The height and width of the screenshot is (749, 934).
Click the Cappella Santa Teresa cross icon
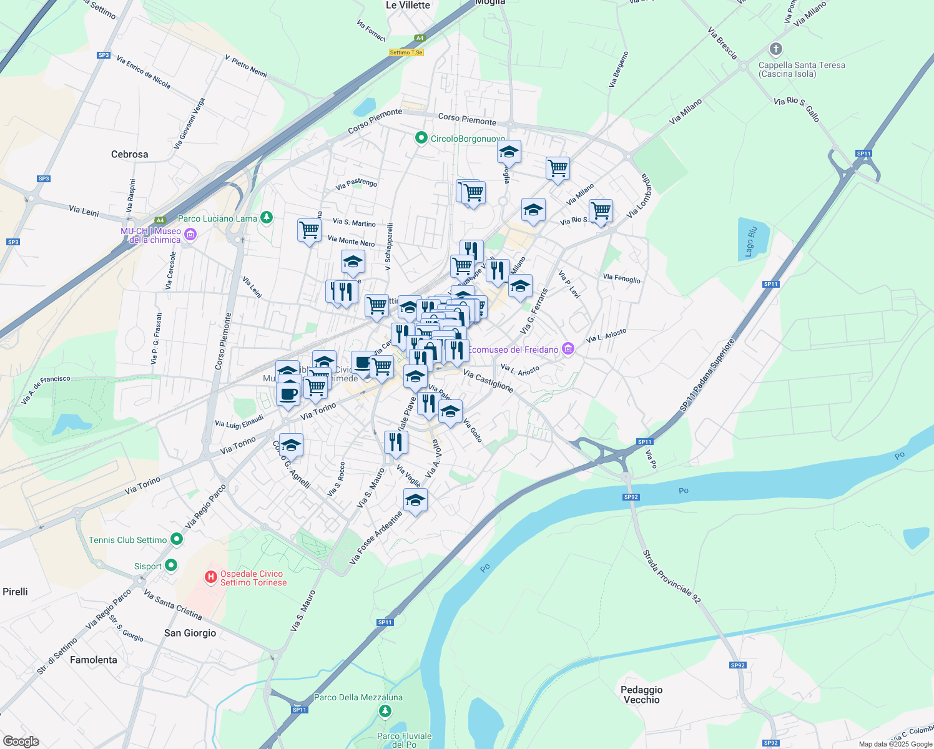click(x=776, y=49)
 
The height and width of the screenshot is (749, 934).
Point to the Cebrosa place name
click(x=130, y=154)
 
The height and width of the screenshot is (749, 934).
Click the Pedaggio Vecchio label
click(x=641, y=695)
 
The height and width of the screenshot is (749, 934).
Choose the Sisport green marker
click(x=170, y=565)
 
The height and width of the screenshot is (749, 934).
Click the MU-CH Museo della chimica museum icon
click(x=190, y=235)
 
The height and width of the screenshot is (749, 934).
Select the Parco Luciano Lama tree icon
click(x=267, y=217)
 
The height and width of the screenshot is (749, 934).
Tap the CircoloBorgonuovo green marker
click(x=421, y=138)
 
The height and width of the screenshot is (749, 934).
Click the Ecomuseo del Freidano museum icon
click(x=568, y=349)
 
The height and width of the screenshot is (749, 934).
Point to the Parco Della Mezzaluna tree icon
click(x=385, y=710)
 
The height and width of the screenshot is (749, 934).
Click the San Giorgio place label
click(x=190, y=633)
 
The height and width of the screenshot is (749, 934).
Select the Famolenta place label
click(x=94, y=660)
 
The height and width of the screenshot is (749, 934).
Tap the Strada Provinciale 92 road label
click(x=672, y=577)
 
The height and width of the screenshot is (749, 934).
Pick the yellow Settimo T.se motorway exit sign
click(x=406, y=52)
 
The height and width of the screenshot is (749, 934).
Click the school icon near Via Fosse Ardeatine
click(x=415, y=500)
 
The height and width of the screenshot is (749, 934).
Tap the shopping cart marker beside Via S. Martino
click(x=310, y=230)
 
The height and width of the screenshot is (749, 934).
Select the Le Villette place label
click(x=408, y=5)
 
